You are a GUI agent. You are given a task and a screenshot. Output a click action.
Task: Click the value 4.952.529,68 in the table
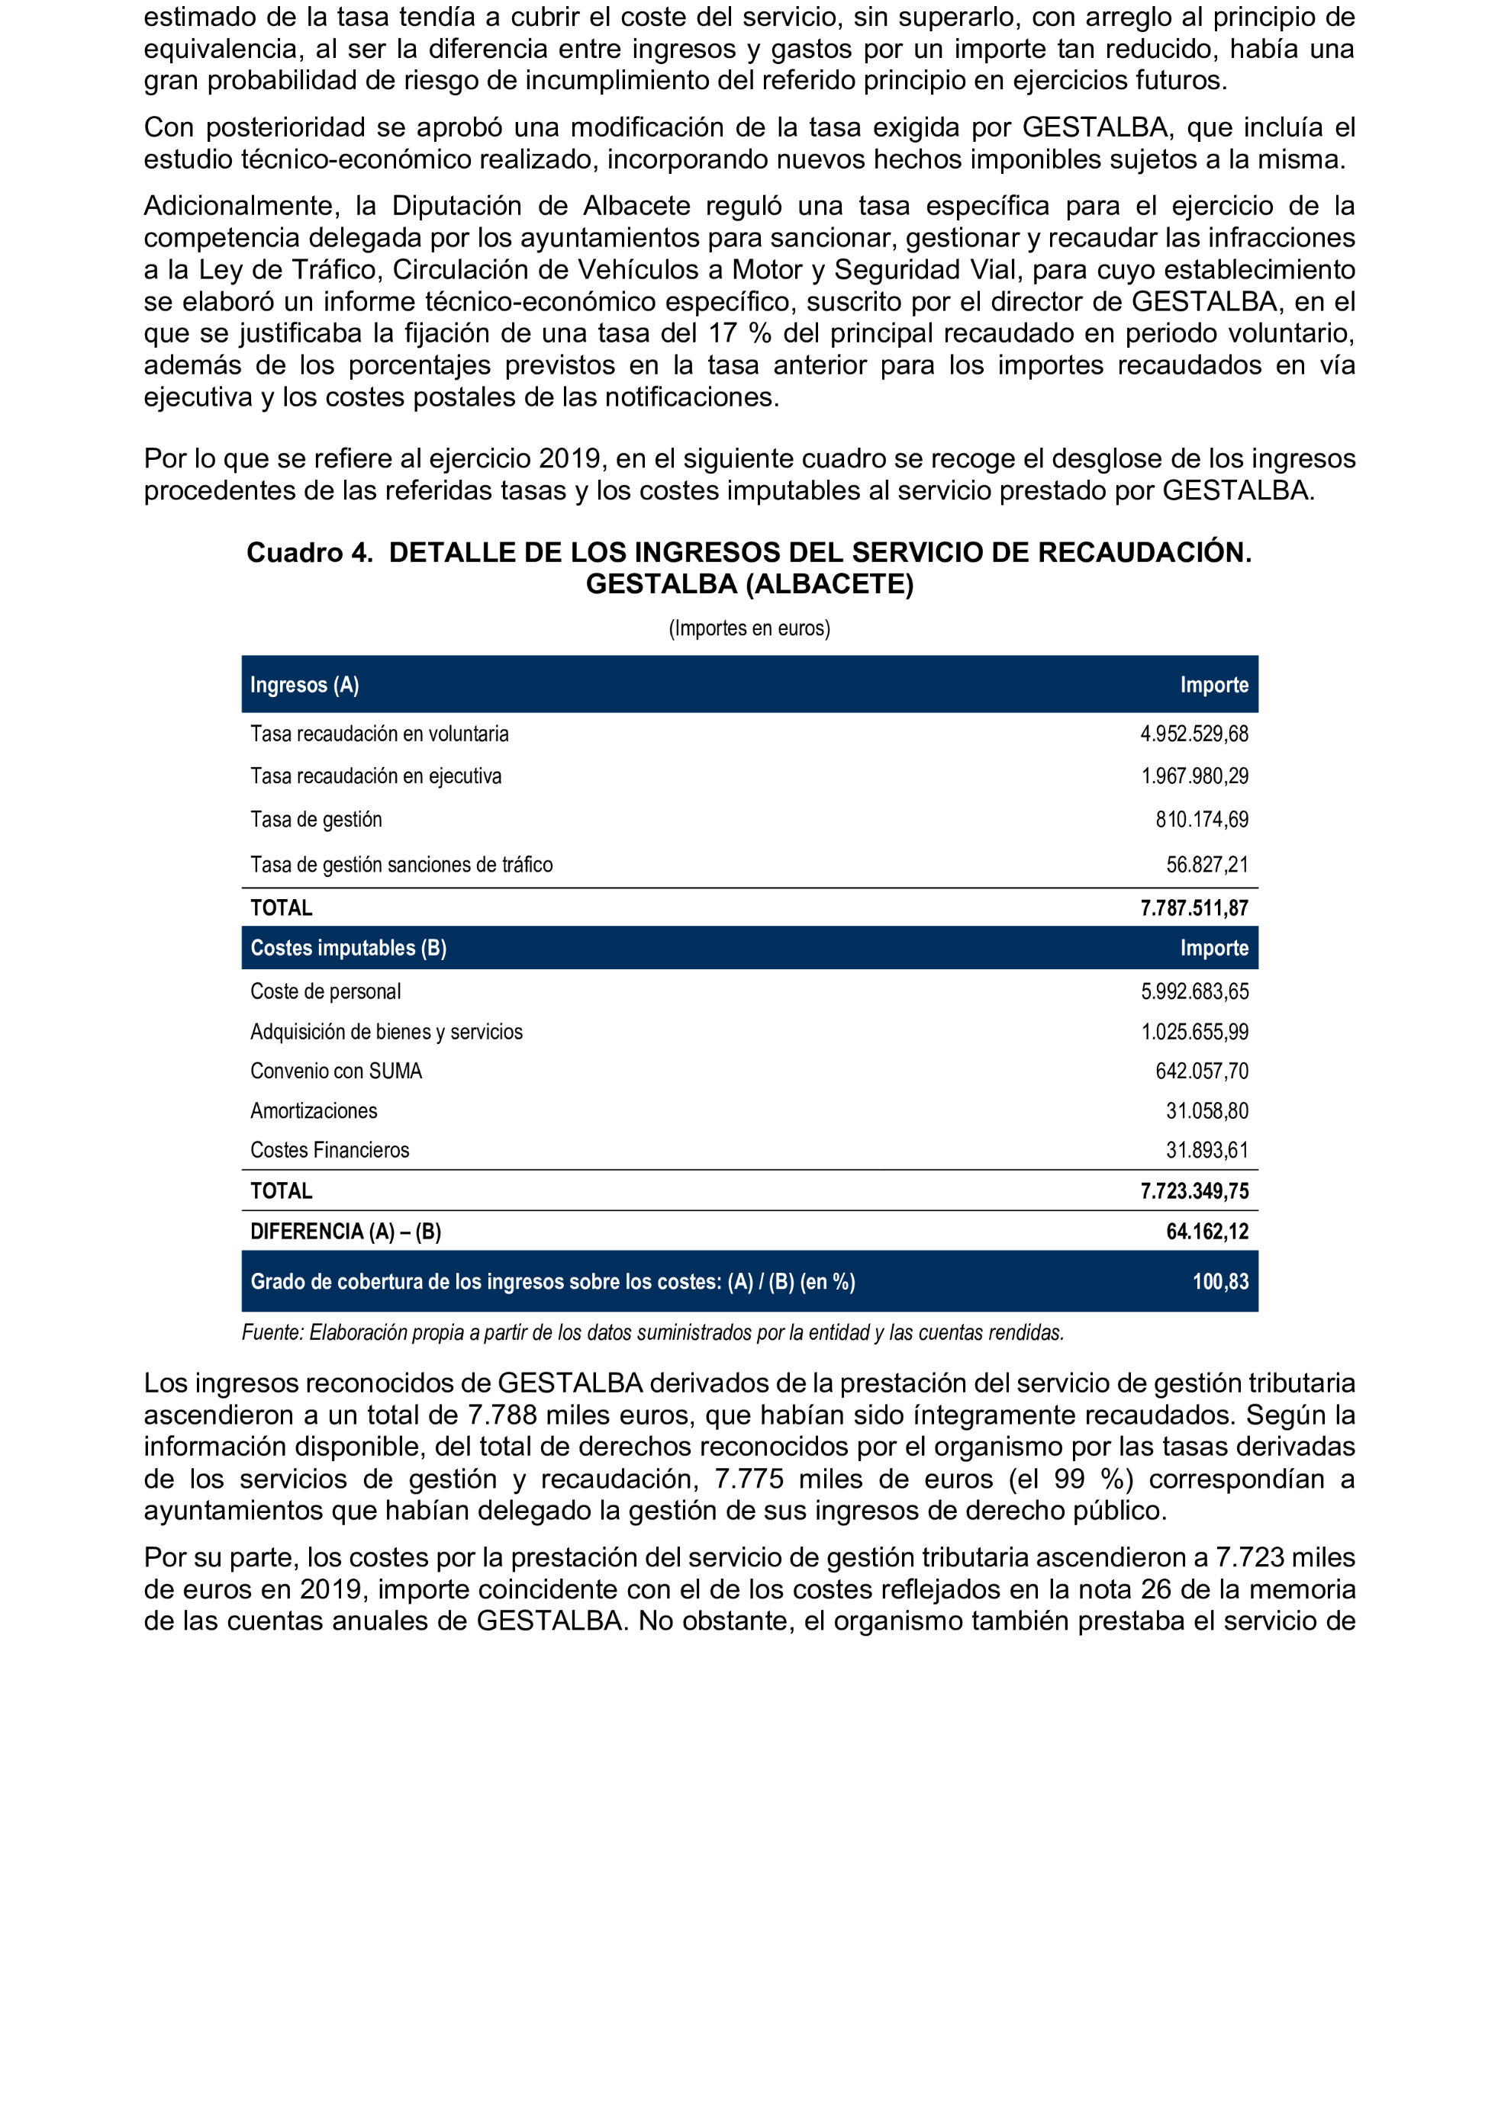[x=1194, y=734]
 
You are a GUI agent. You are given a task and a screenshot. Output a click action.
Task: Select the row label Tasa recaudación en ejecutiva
[x=375, y=776]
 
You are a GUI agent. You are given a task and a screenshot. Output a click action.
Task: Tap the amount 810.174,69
[x=1201, y=820]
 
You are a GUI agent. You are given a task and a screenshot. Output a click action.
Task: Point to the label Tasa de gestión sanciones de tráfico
[x=401, y=865]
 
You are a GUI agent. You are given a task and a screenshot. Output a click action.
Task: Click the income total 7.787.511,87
[x=1194, y=908]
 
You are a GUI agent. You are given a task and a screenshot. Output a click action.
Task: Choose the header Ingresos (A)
[x=304, y=685]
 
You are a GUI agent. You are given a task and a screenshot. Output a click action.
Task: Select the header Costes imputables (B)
[x=348, y=948]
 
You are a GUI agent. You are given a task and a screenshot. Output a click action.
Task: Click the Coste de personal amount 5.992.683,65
[x=1194, y=992]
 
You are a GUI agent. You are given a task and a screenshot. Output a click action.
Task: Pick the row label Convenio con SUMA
[x=336, y=1071]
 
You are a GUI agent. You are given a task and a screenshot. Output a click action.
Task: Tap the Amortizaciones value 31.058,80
[x=1206, y=1111]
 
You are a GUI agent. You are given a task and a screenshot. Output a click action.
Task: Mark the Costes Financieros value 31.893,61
[x=1206, y=1151]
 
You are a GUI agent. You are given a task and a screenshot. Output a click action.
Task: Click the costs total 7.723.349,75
[x=1194, y=1191]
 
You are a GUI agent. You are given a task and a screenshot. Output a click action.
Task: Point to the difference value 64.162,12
[x=1206, y=1232]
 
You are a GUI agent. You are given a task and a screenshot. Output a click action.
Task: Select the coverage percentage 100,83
[x=1219, y=1282]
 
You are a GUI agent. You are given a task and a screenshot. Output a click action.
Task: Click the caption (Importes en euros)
[x=749, y=629]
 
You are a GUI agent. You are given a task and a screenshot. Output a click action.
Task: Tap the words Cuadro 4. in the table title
[x=309, y=553]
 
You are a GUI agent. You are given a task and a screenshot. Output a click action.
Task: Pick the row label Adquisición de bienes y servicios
[x=385, y=1032]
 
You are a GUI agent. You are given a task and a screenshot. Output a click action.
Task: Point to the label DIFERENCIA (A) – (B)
[x=345, y=1232]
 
